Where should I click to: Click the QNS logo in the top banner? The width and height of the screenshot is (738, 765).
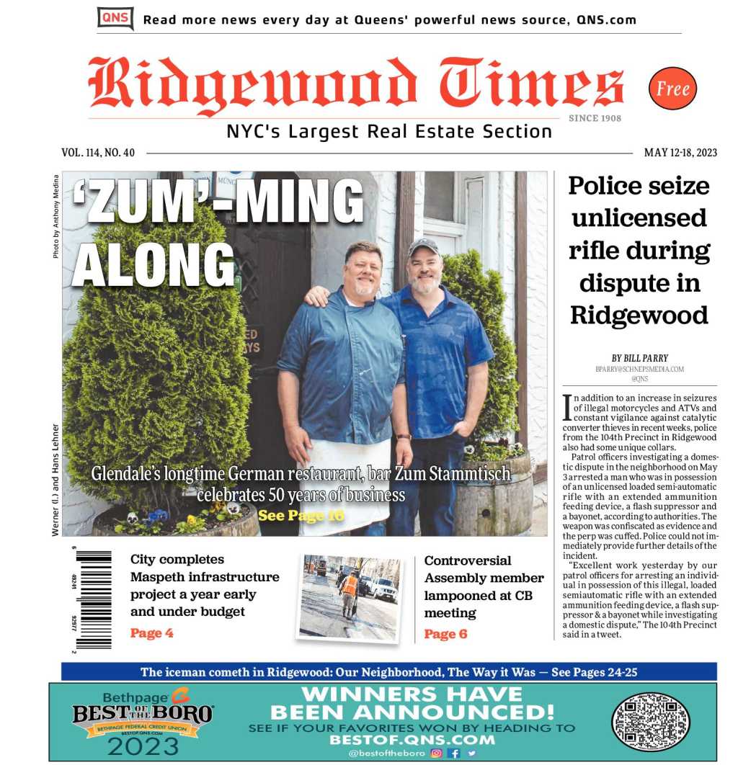115,18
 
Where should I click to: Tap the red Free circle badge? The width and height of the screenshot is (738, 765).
672,89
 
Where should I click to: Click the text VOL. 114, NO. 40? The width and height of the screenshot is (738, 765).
98,153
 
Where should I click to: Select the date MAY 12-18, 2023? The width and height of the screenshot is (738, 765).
680,153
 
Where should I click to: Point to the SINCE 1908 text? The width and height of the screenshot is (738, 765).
595,118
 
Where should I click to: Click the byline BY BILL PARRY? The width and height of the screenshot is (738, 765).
639,358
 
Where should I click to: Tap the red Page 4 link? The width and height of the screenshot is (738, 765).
151,633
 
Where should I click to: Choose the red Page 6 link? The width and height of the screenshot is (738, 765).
445,634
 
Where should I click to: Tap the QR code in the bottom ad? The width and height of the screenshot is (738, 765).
650,721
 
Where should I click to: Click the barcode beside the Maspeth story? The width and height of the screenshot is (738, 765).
93,600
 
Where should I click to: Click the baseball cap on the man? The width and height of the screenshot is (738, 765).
424,247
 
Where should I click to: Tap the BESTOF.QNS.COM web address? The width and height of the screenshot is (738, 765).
412,740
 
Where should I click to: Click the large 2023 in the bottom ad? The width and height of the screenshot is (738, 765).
143,746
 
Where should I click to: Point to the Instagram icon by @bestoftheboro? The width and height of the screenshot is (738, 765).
436,753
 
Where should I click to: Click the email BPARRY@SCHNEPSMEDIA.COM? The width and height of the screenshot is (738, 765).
639,369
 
